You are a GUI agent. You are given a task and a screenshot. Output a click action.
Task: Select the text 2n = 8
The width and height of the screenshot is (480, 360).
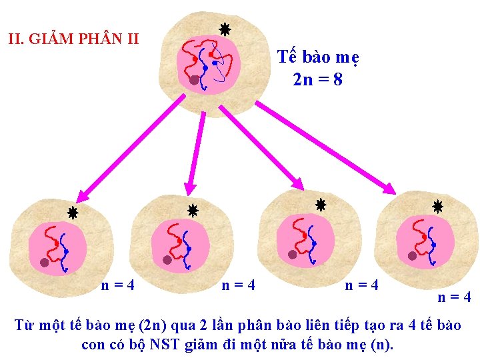[318, 80]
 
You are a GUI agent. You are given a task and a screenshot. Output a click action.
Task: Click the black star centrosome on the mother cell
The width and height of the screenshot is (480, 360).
[225, 29]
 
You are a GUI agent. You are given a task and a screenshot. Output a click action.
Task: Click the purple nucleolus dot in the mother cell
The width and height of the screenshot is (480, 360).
[194, 79]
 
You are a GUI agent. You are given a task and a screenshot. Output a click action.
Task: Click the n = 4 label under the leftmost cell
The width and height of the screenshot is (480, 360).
[118, 285]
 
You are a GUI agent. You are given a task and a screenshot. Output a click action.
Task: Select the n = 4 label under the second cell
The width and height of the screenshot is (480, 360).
[238, 285]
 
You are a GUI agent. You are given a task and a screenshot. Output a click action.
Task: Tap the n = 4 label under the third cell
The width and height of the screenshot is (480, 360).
[361, 285]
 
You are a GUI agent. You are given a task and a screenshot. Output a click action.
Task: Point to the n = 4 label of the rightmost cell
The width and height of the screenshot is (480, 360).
[455, 297]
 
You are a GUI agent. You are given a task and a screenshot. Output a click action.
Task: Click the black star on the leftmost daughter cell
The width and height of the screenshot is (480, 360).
[72, 213]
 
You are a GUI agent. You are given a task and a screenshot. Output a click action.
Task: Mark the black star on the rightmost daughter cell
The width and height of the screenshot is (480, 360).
[437, 207]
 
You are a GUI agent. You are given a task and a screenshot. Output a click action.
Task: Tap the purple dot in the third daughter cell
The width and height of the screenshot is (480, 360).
[292, 254]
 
